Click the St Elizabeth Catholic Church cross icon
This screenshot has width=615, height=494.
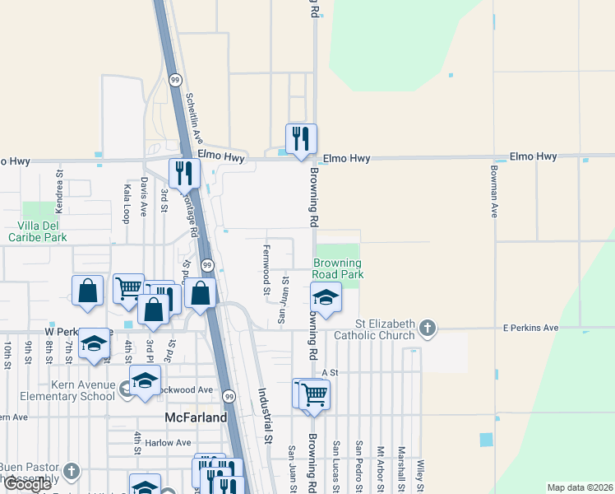point(427,329)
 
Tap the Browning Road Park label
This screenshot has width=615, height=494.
point(337,268)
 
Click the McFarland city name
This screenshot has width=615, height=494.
point(196,417)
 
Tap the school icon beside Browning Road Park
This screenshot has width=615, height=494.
point(326,298)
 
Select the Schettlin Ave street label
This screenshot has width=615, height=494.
point(194,117)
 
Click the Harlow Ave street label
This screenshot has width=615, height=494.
point(168,443)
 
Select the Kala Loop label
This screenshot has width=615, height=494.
point(126,203)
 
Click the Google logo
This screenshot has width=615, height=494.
point(28,484)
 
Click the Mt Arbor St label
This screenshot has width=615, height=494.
point(380,466)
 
